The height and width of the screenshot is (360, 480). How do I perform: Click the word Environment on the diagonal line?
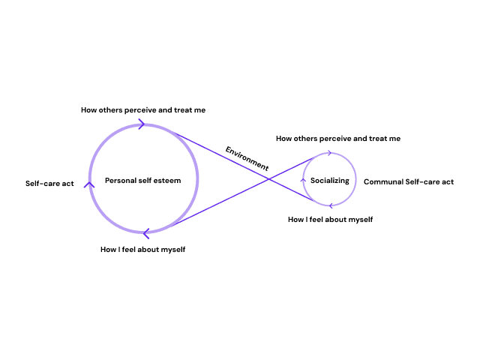tap(247, 158)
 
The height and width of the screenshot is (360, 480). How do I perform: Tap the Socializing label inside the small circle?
tap(330, 181)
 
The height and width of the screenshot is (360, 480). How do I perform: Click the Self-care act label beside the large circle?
tap(49, 183)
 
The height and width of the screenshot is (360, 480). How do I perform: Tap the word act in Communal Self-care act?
tap(447, 181)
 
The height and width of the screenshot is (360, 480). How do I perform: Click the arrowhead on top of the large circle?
tap(141, 124)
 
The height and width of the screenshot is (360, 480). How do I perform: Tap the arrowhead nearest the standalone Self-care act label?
tap(89, 184)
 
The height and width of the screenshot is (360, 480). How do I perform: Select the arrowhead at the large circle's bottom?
tap(145, 233)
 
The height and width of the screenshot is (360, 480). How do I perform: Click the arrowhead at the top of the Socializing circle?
tap(329, 153)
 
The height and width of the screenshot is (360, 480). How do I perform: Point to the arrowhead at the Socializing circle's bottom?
tap(330, 205)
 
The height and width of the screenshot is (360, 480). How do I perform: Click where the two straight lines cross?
tap(269, 177)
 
